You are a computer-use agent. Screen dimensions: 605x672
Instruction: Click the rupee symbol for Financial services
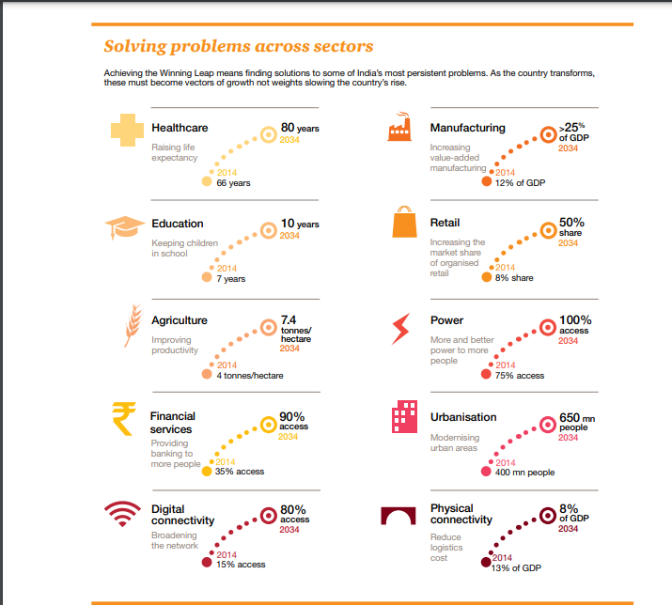[x=123, y=419]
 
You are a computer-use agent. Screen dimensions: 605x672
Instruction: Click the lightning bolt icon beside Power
[x=401, y=327]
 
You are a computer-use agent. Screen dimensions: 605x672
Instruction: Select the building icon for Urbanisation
[x=403, y=418]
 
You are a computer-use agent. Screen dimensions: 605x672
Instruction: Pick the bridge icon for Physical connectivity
[x=402, y=516]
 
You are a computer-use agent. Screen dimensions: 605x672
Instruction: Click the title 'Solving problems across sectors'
[x=238, y=46]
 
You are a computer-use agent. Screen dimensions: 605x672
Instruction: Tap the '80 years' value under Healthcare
[x=300, y=127]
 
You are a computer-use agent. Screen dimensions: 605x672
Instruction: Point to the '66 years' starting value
[x=233, y=183]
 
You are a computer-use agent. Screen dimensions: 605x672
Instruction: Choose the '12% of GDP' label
[x=520, y=182]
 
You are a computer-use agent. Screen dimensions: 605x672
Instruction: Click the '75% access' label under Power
[x=519, y=375]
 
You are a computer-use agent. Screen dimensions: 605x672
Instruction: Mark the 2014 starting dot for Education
[x=207, y=278]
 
